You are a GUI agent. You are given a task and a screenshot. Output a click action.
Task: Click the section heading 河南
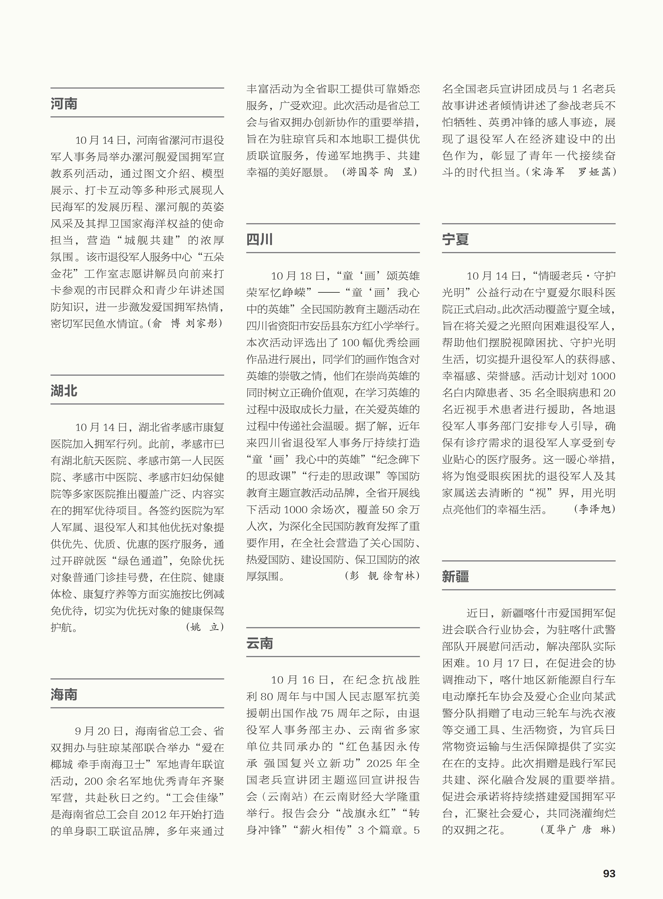tap(64, 104)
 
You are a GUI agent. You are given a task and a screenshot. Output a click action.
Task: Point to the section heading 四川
tap(260, 239)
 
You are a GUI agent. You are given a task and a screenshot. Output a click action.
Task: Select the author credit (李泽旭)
tap(594, 509)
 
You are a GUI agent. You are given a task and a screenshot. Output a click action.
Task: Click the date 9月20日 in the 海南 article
tap(99, 731)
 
